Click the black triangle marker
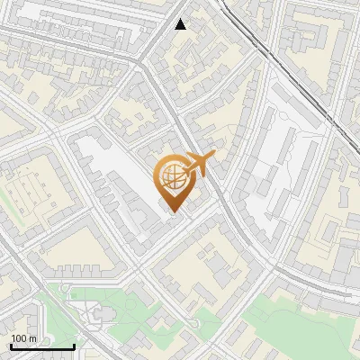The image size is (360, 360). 181,24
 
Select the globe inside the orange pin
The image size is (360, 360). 171,178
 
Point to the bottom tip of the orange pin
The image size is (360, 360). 172,211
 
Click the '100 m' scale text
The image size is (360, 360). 23,338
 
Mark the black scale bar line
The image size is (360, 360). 42,346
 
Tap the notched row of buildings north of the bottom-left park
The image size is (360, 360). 81,270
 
